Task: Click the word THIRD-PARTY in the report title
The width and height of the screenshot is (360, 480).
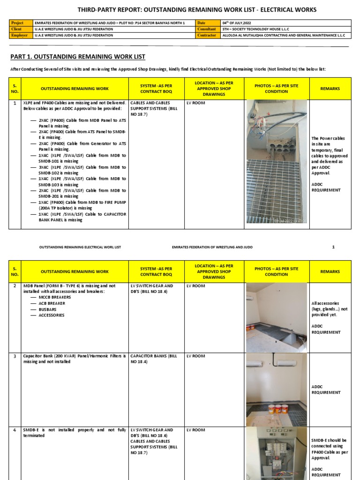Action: (96, 9)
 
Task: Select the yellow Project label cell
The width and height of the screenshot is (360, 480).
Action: (21, 22)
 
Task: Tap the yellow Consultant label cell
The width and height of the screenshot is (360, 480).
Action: (208, 29)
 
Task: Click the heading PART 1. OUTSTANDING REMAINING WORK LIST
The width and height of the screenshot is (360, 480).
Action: (78, 57)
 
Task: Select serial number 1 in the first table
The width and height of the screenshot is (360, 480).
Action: (15, 103)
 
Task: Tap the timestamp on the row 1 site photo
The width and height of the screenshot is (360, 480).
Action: (291, 220)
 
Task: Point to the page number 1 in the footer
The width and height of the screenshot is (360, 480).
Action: (333, 247)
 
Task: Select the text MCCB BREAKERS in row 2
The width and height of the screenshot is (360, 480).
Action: (55, 297)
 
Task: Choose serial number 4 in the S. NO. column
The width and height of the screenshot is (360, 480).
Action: (15, 430)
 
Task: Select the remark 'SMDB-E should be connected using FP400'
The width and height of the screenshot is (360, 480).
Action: (330, 449)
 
